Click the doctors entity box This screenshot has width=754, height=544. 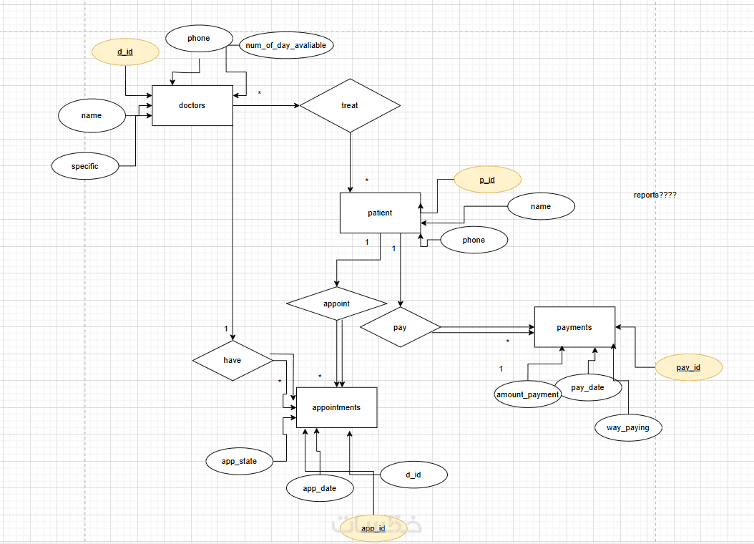click(x=192, y=105)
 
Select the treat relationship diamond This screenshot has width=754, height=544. click(x=350, y=105)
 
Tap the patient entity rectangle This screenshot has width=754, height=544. click(x=380, y=213)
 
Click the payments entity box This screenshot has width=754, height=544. click(x=574, y=327)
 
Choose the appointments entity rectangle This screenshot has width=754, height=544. click(x=336, y=407)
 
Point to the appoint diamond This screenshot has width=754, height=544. click(x=336, y=303)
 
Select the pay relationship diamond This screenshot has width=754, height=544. click(x=400, y=327)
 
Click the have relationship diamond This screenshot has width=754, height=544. click(x=232, y=360)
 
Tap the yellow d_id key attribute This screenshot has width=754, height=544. click(x=125, y=52)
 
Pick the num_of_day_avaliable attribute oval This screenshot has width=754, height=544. click(x=286, y=45)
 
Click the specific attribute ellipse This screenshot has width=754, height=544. click(x=84, y=166)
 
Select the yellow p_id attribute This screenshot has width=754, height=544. click(x=487, y=180)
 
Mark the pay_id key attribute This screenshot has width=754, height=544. click(x=688, y=367)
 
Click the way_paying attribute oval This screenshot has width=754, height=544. click(x=629, y=428)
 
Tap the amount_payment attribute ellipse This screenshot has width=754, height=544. click(x=528, y=394)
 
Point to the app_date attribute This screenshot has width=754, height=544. click(x=320, y=488)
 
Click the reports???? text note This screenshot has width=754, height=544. click(x=655, y=195)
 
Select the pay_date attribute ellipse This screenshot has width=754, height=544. click(x=588, y=387)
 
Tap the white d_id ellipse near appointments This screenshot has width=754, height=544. click(x=413, y=474)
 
